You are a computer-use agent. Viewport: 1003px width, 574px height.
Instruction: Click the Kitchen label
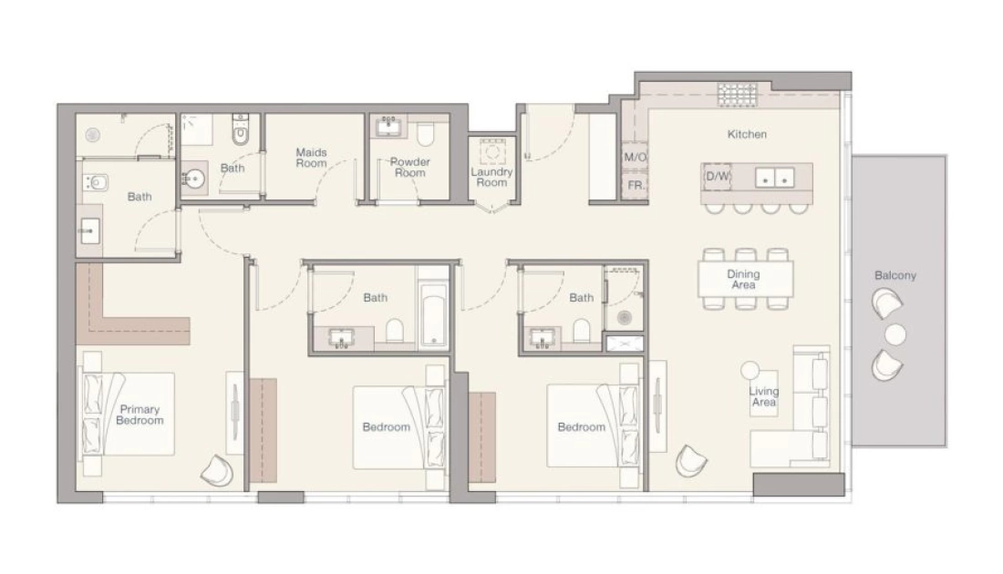click(x=747, y=134)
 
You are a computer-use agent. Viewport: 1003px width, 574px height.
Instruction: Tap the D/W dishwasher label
click(x=717, y=177)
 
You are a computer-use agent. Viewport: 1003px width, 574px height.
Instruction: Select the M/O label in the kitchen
click(x=635, y=158)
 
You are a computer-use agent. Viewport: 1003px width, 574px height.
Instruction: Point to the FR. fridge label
click(x=636, y=185)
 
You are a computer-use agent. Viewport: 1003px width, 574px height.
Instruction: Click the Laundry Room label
click(x=491, y=177)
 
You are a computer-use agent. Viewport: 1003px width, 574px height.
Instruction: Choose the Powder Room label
click(x=410, y=168)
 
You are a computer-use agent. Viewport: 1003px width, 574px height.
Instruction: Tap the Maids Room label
click(x=312, y=158)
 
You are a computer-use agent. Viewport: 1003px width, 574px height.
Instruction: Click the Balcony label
click(x=894, y=275)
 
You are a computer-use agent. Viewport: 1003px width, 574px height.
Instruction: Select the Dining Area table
click(x=746, y=280)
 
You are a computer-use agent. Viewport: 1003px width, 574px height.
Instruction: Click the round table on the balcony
click(x=894, y=335)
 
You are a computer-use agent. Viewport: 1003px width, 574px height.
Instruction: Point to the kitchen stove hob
click(x=737, y=96)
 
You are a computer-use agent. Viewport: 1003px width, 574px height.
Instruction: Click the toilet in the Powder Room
click(x=426, y=134)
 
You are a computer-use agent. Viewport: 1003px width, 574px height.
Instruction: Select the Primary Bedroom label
click(x=140, y=415)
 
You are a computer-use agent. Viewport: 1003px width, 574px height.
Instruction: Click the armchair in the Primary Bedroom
click(x=218, y=470)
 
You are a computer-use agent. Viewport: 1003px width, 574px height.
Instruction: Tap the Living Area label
click(x=764, y=396)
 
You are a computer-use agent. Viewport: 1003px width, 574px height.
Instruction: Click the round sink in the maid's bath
click(x=192, y=179)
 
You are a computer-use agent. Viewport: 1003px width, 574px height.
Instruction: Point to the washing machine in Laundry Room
click(x=491, y=151)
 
